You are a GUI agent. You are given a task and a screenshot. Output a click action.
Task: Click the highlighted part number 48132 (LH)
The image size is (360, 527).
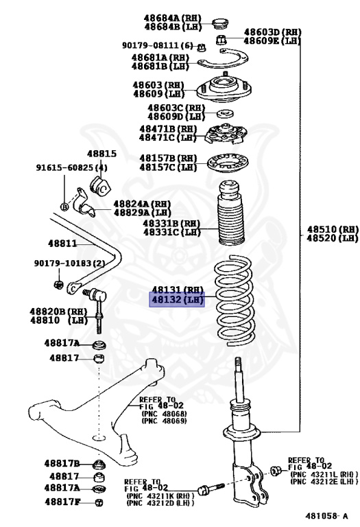[177, 299]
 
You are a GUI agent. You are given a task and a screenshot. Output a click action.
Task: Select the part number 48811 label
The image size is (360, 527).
[62, 243]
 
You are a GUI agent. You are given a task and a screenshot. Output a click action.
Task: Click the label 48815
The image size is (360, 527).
[101, 154]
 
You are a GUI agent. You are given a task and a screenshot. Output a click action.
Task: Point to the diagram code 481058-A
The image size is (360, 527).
[326, 515]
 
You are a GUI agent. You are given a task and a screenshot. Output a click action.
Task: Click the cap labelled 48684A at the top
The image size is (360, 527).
[221, 23]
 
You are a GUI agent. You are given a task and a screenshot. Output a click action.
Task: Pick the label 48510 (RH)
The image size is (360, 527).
[333, 229]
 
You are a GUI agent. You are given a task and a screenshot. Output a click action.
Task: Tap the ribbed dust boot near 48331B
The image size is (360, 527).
[230, 213]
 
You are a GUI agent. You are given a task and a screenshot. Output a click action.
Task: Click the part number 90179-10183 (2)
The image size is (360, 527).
[69, 263]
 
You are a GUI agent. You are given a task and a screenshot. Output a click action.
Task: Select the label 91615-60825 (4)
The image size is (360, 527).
[72, 167]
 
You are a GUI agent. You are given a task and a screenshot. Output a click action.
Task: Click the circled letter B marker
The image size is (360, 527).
[64, 207]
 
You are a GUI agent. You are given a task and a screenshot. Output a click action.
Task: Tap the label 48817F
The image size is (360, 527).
[63, 502]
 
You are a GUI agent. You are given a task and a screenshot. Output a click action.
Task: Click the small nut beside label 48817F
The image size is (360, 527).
[99, 502]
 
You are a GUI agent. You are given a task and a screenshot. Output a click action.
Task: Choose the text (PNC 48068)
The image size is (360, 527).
[164, 414]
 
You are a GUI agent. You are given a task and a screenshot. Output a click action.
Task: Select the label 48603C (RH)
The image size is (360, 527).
[176, 108]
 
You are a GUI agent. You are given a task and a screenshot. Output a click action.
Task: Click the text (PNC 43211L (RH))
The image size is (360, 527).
[320, 474]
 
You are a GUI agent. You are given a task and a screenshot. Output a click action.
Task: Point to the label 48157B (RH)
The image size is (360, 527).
[168, 158]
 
